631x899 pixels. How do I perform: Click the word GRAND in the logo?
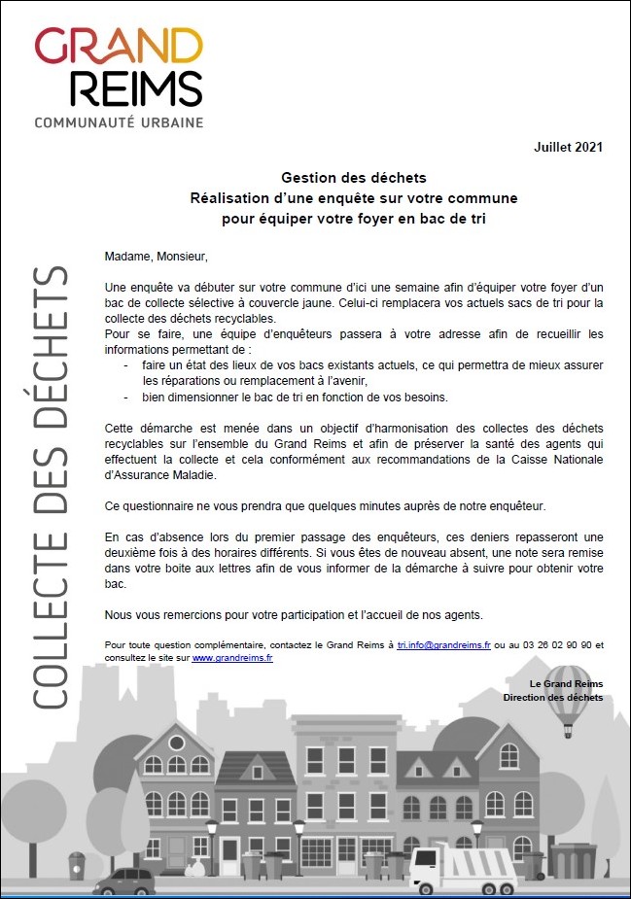point(119,47)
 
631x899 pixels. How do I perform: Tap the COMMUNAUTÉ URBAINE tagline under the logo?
point(119,122)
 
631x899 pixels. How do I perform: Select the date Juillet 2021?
point(569,148)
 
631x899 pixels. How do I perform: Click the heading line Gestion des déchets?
point(354,178)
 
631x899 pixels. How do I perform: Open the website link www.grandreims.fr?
point(232,658)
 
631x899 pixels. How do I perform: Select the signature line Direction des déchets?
point(553,697)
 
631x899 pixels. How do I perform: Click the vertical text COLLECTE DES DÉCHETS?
point(50,486)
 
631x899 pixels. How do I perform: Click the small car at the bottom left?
point(124,881)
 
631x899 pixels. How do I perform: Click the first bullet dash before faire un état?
point(125,364)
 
